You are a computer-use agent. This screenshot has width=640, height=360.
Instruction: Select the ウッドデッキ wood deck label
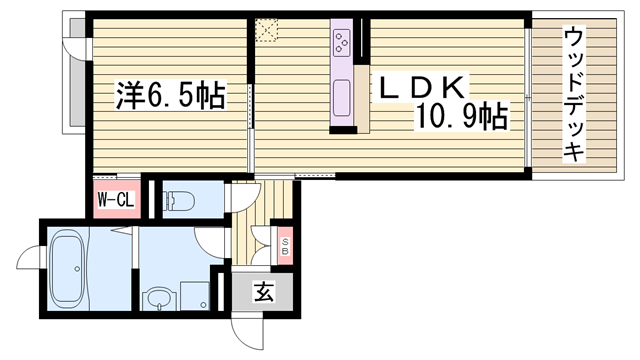[x=574, y=94]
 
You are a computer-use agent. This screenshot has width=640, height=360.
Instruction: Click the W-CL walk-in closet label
[x=115, y=200]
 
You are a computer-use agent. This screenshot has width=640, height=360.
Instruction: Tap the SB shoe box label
[x=286, y=244]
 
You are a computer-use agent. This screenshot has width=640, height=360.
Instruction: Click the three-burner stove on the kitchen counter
[x=342, y=43]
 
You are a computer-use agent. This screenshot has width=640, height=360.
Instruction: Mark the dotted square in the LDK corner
[x=266, y=30]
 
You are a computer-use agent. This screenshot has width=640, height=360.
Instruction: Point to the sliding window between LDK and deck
[x=527, y=96]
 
